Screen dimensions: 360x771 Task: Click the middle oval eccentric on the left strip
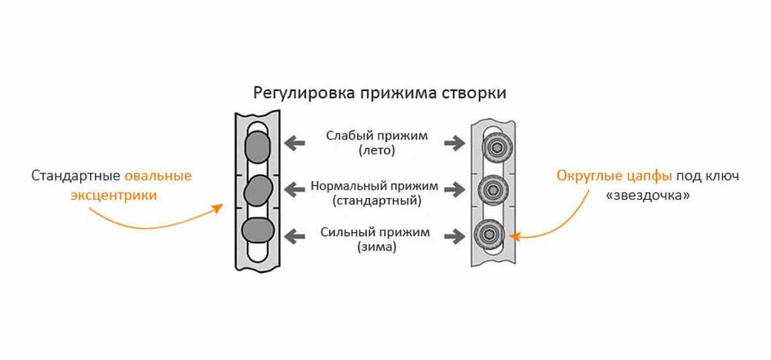pyautogui.click(x=258, y=188)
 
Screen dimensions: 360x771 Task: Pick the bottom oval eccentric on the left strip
pyautogui.click(x=257, y=230)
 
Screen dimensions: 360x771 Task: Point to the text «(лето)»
pyautogui.click(x=376, y=151)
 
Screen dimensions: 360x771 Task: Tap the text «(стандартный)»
pyautogui.click(x=376, y=201)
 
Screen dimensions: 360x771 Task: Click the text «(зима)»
pyautogui.click(x=377, y=247)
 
